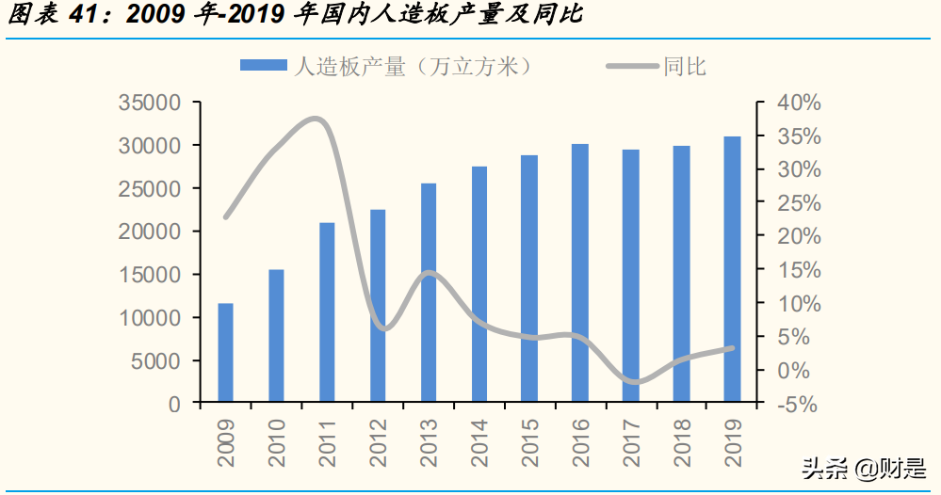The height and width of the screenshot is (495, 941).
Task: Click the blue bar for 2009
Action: pos(226,353)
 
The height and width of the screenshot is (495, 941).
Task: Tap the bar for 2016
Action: pos(580,273)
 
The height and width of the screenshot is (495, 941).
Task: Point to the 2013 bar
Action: pos(429,293)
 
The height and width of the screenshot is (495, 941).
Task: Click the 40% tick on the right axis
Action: pos(797,103)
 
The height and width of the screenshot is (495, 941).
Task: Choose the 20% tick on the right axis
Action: pos(797,236)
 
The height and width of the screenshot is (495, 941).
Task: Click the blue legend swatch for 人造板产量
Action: pos(263,65)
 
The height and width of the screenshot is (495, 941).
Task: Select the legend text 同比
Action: pos(685,66)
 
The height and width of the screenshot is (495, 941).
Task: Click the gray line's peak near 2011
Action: pos(317,120)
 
